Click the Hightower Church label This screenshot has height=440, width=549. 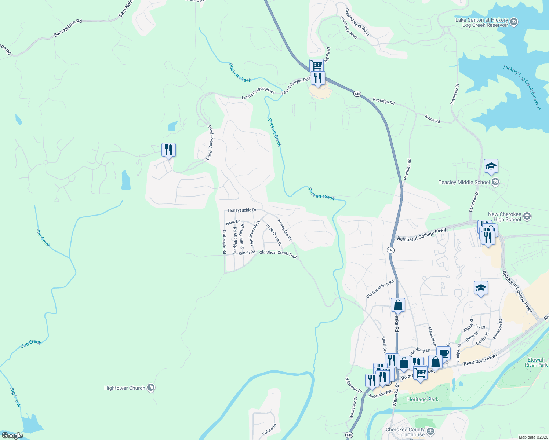(x=125, y=388)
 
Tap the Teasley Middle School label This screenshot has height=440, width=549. (x=464, y=182)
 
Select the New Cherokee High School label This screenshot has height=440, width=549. (x=505, y=217)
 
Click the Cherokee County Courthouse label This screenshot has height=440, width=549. (x=405, y=432)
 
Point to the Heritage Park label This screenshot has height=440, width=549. (x=423, y=399)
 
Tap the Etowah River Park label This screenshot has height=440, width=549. (x=536, y=362)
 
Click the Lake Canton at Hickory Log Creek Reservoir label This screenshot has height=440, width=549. (x=481, y=22)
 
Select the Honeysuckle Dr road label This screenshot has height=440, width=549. (x=242, y=210)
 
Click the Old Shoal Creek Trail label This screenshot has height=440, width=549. (x=278, y=254)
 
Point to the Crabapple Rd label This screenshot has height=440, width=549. (x=224, y=242)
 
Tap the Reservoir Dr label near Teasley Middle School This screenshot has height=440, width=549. (x=475, y=201)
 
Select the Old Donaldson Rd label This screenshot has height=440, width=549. (x=380, y=289)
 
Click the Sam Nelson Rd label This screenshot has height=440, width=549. (x=68, y=28)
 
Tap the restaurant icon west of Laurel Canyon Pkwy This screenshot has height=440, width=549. (x=168, y=150)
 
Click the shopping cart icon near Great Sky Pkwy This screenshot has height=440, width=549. (x=316, y=66)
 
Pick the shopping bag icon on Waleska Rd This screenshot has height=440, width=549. (x=398, y=305)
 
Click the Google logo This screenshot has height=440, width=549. (x=12, y=436)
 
